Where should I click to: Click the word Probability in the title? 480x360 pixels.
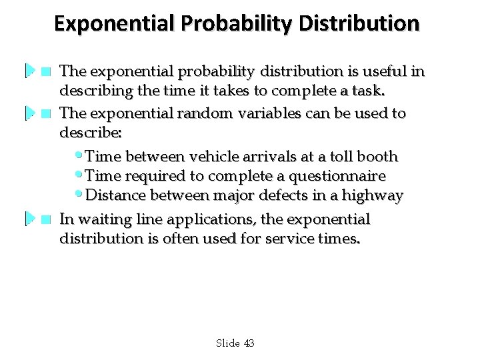236,25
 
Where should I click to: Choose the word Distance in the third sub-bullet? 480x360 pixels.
114,196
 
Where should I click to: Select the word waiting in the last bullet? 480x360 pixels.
101,219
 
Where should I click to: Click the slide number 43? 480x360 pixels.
248,343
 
